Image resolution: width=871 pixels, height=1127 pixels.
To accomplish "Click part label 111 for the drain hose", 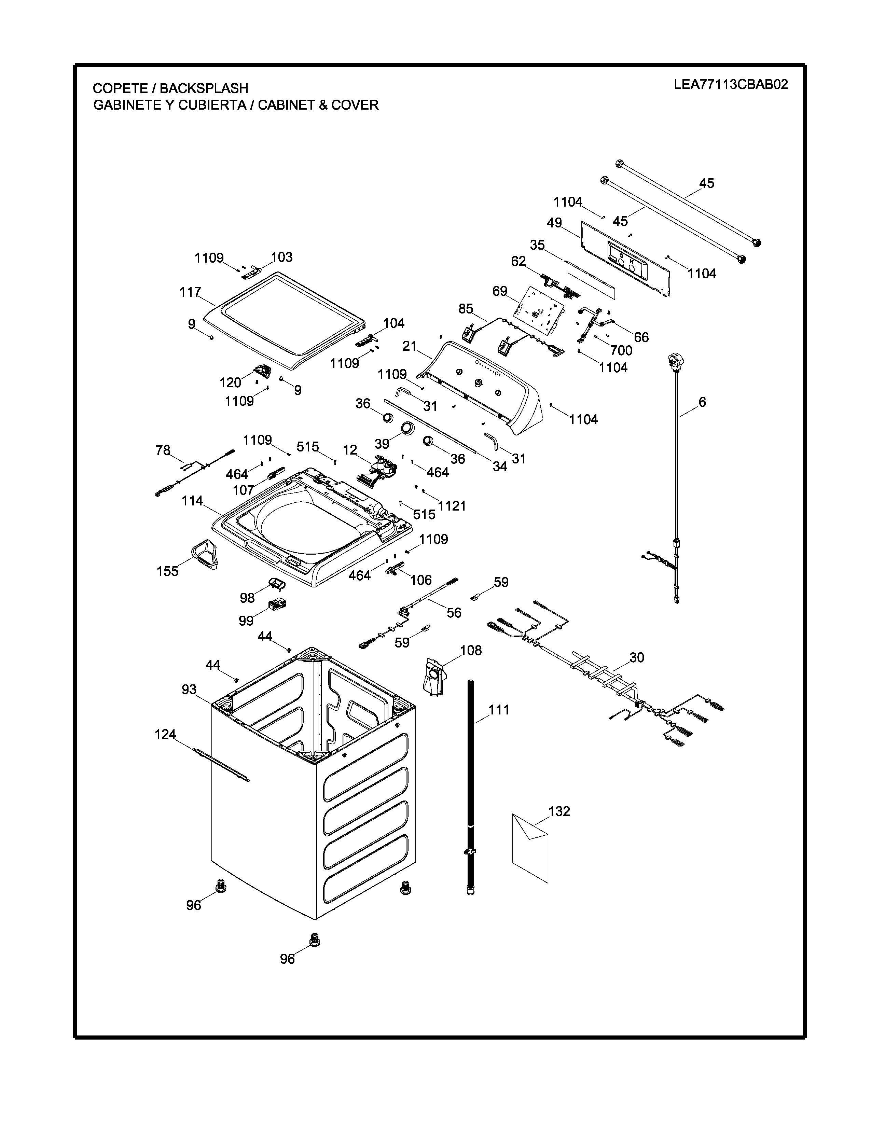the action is [499, 710].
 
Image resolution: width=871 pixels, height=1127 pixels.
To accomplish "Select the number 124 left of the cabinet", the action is [166, 734].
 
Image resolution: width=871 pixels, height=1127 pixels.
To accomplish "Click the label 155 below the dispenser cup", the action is [168, 571].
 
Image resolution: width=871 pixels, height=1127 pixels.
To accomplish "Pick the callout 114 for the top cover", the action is [192, 501].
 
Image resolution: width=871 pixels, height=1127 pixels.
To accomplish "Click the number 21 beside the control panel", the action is [409, 346].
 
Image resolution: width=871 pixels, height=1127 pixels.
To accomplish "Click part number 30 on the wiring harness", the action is [637, 657].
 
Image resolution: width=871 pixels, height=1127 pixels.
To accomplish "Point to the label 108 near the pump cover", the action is [471, 650].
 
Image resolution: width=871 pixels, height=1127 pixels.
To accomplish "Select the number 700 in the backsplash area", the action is [621, 350].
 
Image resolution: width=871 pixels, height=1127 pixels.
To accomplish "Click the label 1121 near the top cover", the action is [452, 506].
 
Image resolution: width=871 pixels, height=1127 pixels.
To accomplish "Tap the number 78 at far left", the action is [163, 450].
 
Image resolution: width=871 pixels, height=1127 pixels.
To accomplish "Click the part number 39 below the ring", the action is [382, 443].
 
